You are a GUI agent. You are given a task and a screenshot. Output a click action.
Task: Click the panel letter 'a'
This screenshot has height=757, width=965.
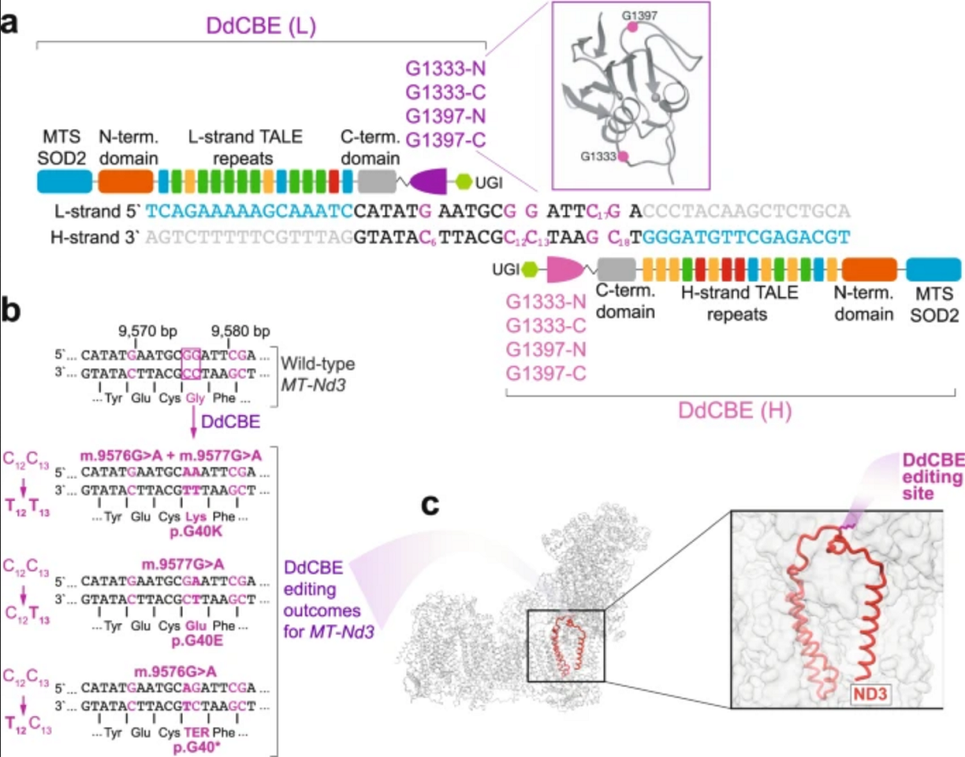click(12, 21)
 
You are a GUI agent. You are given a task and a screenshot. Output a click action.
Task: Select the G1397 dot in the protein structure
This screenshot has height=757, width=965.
click(633, 28)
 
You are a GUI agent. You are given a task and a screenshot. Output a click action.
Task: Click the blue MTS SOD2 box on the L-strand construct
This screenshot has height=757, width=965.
click(64, 181)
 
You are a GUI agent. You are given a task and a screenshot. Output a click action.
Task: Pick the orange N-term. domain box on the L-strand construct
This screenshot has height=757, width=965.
click(125, 181)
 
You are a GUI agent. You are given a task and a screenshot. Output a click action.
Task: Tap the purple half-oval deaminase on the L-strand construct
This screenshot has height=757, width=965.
click(433, 181)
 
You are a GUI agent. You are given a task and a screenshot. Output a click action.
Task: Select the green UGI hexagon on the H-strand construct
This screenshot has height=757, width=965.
click(528, 269)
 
